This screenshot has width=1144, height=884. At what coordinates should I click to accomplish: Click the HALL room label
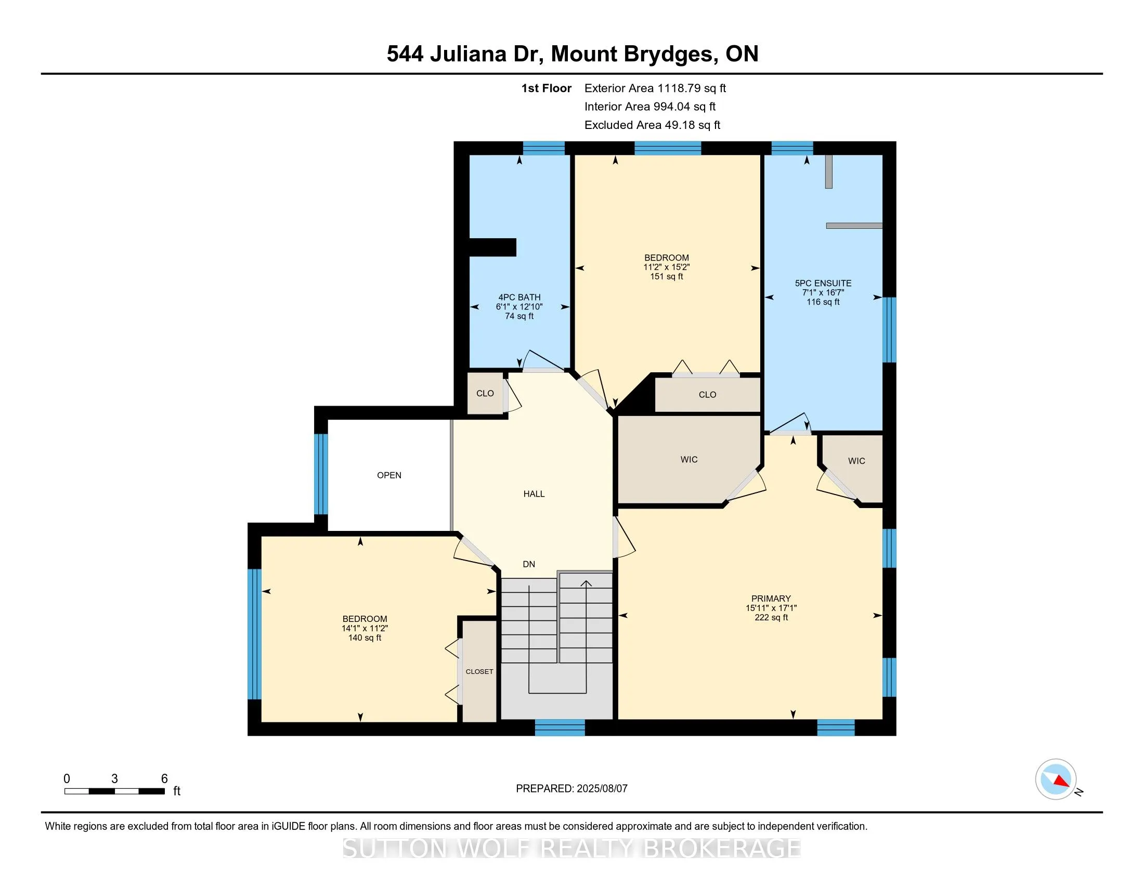coord(534,494)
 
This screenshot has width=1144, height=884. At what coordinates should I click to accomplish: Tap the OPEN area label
coord(389,475)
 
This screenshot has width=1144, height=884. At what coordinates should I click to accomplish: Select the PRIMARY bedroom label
coord(771,599)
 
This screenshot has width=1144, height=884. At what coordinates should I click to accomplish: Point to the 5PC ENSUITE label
coord(823,283)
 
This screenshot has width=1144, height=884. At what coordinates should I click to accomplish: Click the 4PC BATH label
coord(519,297)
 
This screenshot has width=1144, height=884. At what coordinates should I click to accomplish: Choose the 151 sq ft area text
coord(666,277)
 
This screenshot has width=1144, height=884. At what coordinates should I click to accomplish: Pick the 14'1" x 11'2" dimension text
coord(365,629)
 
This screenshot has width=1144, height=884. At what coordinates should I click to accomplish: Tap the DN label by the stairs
coord(529,565)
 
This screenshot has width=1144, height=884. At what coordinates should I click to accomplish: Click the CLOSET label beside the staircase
coord(479,671)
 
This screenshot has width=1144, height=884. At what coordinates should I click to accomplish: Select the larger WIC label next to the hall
coord(689,460)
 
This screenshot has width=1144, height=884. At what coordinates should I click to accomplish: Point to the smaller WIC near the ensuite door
coord(856,461)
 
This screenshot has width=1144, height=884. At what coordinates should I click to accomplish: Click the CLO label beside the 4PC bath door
coord(485,393)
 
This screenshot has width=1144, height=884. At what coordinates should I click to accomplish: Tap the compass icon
coord(1056,779)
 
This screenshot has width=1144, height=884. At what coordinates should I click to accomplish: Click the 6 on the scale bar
coord(164,779)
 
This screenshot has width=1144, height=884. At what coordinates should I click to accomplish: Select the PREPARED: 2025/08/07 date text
coord(571,789)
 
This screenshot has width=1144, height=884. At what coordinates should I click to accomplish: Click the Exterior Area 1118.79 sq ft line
coord(655,88)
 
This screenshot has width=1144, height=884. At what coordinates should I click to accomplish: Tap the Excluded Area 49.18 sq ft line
coord(652,125)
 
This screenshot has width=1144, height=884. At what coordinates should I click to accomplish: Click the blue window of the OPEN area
coord(321,474)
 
